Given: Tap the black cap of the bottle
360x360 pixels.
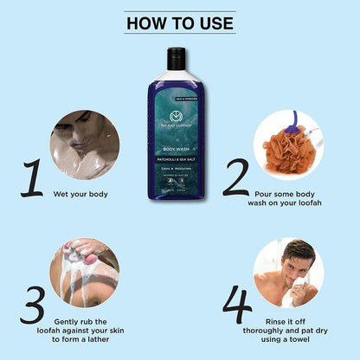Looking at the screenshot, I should point(177,57).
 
